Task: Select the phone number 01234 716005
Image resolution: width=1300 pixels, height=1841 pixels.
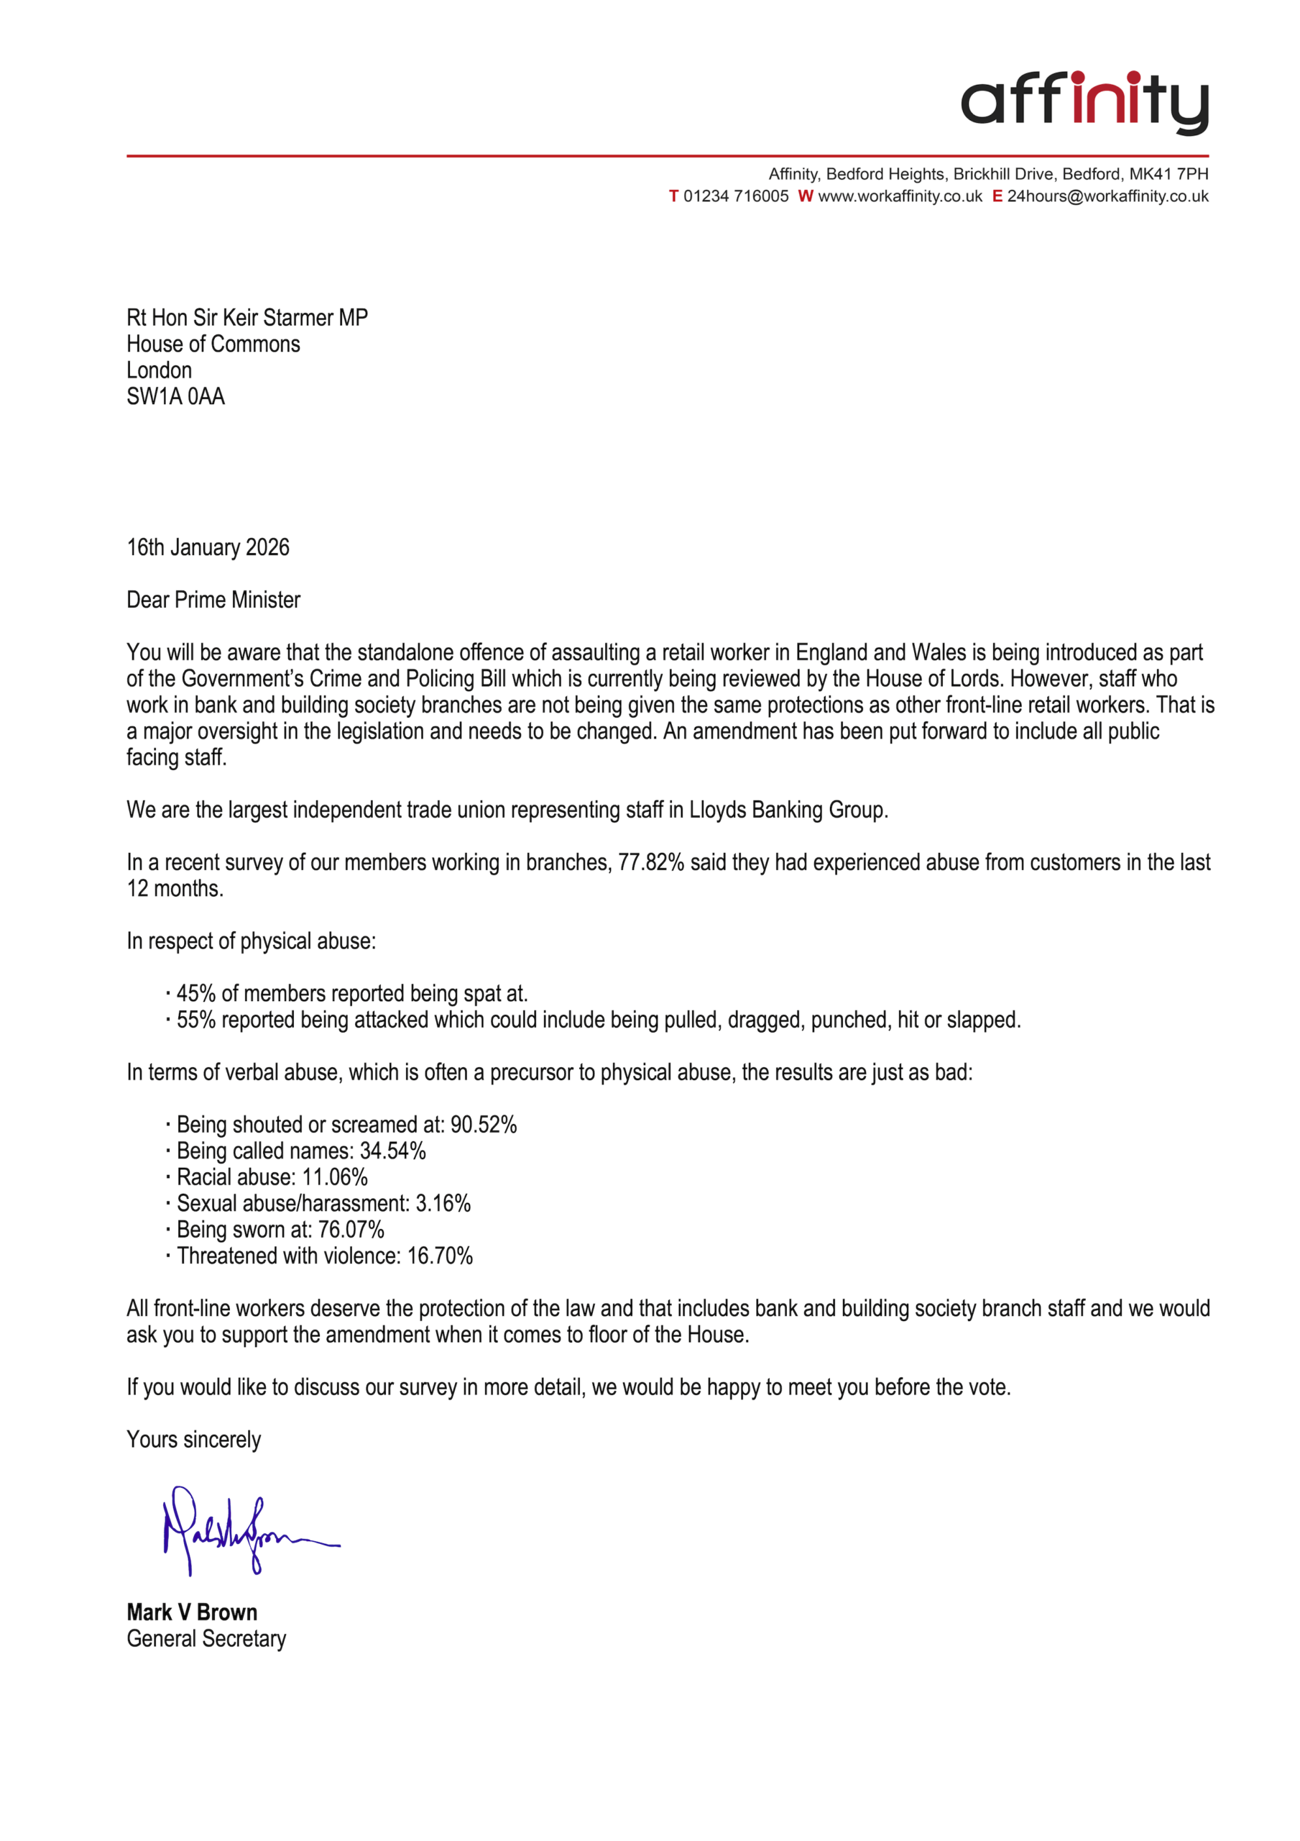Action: pos(735,196)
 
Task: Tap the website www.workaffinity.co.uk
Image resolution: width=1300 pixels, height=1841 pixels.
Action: pos(899,196)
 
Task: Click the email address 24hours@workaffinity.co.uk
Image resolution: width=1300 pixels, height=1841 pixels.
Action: pos(1107,196)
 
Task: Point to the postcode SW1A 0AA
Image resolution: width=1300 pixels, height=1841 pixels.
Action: pos(175,396)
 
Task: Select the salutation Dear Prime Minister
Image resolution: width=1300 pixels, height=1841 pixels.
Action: pos(213,600)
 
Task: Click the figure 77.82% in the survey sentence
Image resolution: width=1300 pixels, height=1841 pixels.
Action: pos(650,862)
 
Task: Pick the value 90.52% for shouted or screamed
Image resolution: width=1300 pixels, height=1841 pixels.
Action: pos(484,1124)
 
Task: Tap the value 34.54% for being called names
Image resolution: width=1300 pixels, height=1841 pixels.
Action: pos(392,1151)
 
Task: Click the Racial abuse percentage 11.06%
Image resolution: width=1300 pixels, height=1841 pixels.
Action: pos(334,1177)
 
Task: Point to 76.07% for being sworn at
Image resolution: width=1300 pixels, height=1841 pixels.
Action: pos(351,1229)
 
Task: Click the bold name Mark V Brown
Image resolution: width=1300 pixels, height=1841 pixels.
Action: pos(192,1612)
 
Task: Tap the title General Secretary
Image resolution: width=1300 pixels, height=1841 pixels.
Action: pos(206,1638)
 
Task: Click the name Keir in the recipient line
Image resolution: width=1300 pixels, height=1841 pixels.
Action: pos(241,318)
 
